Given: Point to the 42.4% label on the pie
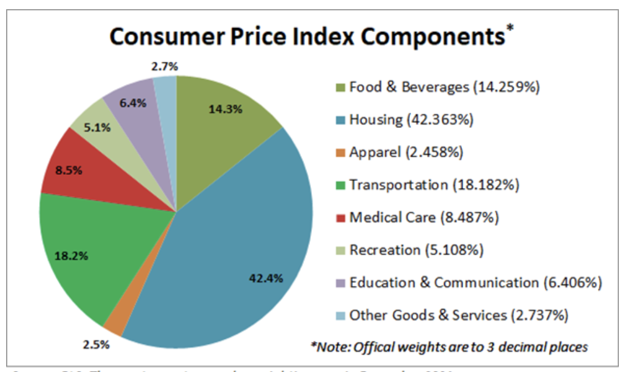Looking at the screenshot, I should pos(266,278).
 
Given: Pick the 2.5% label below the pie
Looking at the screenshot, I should pos(97,344).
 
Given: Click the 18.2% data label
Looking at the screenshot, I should pos(72,256).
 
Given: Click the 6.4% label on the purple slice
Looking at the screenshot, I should pos(132,103).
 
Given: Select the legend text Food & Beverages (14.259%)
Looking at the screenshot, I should pos(444,87).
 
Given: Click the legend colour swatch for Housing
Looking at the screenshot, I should pos(340,121).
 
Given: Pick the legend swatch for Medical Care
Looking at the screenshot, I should pos(340,218).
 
